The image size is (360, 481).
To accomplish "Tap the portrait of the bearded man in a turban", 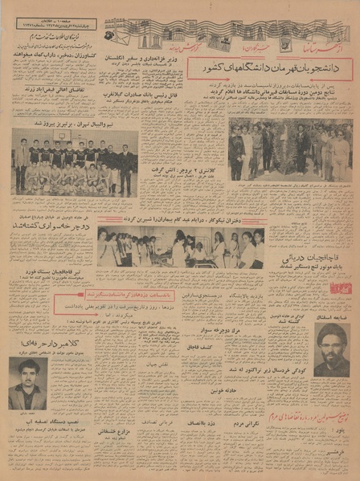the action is point(330,350).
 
